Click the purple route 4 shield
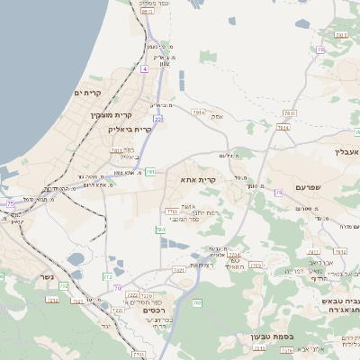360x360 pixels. [144, 68]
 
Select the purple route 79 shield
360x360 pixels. [279, 191]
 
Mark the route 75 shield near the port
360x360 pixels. [12, 205]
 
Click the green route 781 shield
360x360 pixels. [150, 171]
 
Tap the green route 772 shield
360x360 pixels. [107, 275]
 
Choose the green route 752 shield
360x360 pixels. [51, 300]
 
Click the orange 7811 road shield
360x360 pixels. [116, 150]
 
